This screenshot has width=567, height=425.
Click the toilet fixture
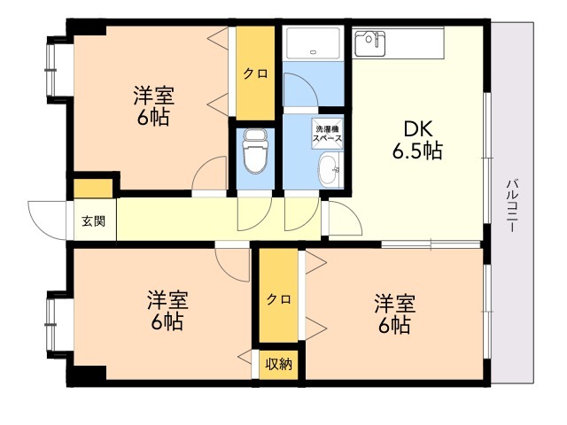pos(256,151)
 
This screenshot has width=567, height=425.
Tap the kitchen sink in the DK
pos(369,43)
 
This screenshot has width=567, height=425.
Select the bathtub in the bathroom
pos(313,42)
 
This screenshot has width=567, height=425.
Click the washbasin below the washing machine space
pos(330,170)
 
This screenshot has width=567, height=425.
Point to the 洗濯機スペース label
pos(327,134)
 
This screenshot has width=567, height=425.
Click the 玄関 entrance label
pos(94,220)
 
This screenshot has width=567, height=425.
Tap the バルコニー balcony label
pos(512,205)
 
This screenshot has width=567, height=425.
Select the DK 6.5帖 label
pos(417,140)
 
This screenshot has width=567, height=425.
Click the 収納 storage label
pos(279,364)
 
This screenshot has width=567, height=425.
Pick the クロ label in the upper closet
pos(256,73)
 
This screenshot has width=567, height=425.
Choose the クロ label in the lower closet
pos(279,299)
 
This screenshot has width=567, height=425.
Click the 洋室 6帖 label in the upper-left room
pos(153,105)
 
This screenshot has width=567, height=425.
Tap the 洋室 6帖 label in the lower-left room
pos(167,310)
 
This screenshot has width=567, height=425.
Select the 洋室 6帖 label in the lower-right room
pos(394,313)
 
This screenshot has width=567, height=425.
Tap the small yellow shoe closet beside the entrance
pos(93,189)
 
